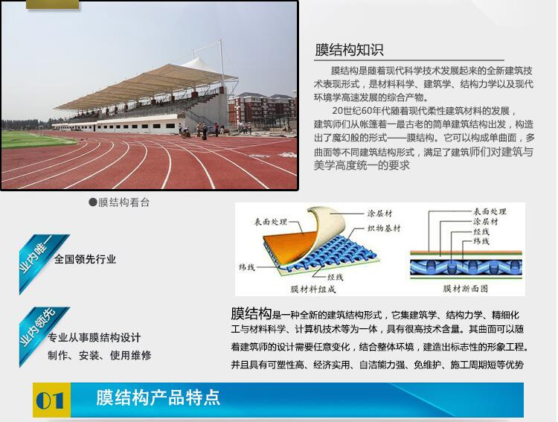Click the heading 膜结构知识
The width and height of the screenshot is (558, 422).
pyautogui.click(x=349, y=50)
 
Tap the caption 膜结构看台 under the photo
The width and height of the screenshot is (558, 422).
pyautogui.click(x=124, y=202)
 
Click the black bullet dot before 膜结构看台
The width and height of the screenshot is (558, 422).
pyautogui.click(x=93, y=202)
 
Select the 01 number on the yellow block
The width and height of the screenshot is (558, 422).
pyautogui.click(x=50, y=400)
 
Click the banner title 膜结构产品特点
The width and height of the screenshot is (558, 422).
pyautogui.click(x=158, y=397)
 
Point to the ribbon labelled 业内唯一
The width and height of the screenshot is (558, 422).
pyautogui.click(x=42, y=263)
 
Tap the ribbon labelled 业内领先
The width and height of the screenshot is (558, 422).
pyautogui.click(x=42, y=336)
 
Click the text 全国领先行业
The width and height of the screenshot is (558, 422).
pyautogui.click(x=85, y=259)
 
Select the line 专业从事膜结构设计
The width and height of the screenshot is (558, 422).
pyautogui.click(x=94, y=337)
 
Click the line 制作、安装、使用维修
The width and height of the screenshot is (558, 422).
pyautogui.click(x=100, y=355)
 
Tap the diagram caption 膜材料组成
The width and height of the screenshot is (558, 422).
pyautogui.click(x=313, y=289)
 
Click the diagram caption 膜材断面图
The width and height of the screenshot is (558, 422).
pyautogui.click(x=466, y=289)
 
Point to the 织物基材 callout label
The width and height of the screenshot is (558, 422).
pyautogui.click(x=384, y=228)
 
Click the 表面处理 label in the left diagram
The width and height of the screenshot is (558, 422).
pyautogui.click(x=271, y=222)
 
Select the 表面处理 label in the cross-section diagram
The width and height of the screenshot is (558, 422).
pyautogui.click(x=490, y=211)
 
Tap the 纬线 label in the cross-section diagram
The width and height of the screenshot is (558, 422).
pyautogui.click(x=481, y=241)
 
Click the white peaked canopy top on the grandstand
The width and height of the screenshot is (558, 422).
pyautogui.click(x=201, y=66)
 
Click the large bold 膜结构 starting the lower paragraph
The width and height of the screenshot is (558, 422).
pyautogui.click(x=251, y=313)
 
